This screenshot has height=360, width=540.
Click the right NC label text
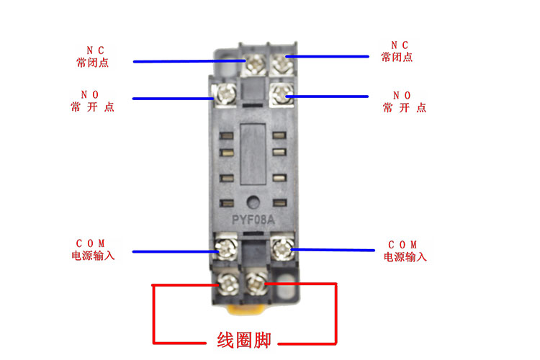[x=398, y=45]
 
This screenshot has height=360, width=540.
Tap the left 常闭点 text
[x=92, y=63]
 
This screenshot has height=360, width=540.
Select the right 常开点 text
[x=404, y=108]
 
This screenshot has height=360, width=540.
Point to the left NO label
[x=92, y=94]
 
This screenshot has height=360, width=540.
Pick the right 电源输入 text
[x=405, y=257]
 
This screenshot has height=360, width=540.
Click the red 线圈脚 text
[x=244, y=340]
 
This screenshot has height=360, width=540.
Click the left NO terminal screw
[x=225, y=94]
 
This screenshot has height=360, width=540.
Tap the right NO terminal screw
[x=282, y=95]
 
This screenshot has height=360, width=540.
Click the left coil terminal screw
[x=228, y=282]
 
